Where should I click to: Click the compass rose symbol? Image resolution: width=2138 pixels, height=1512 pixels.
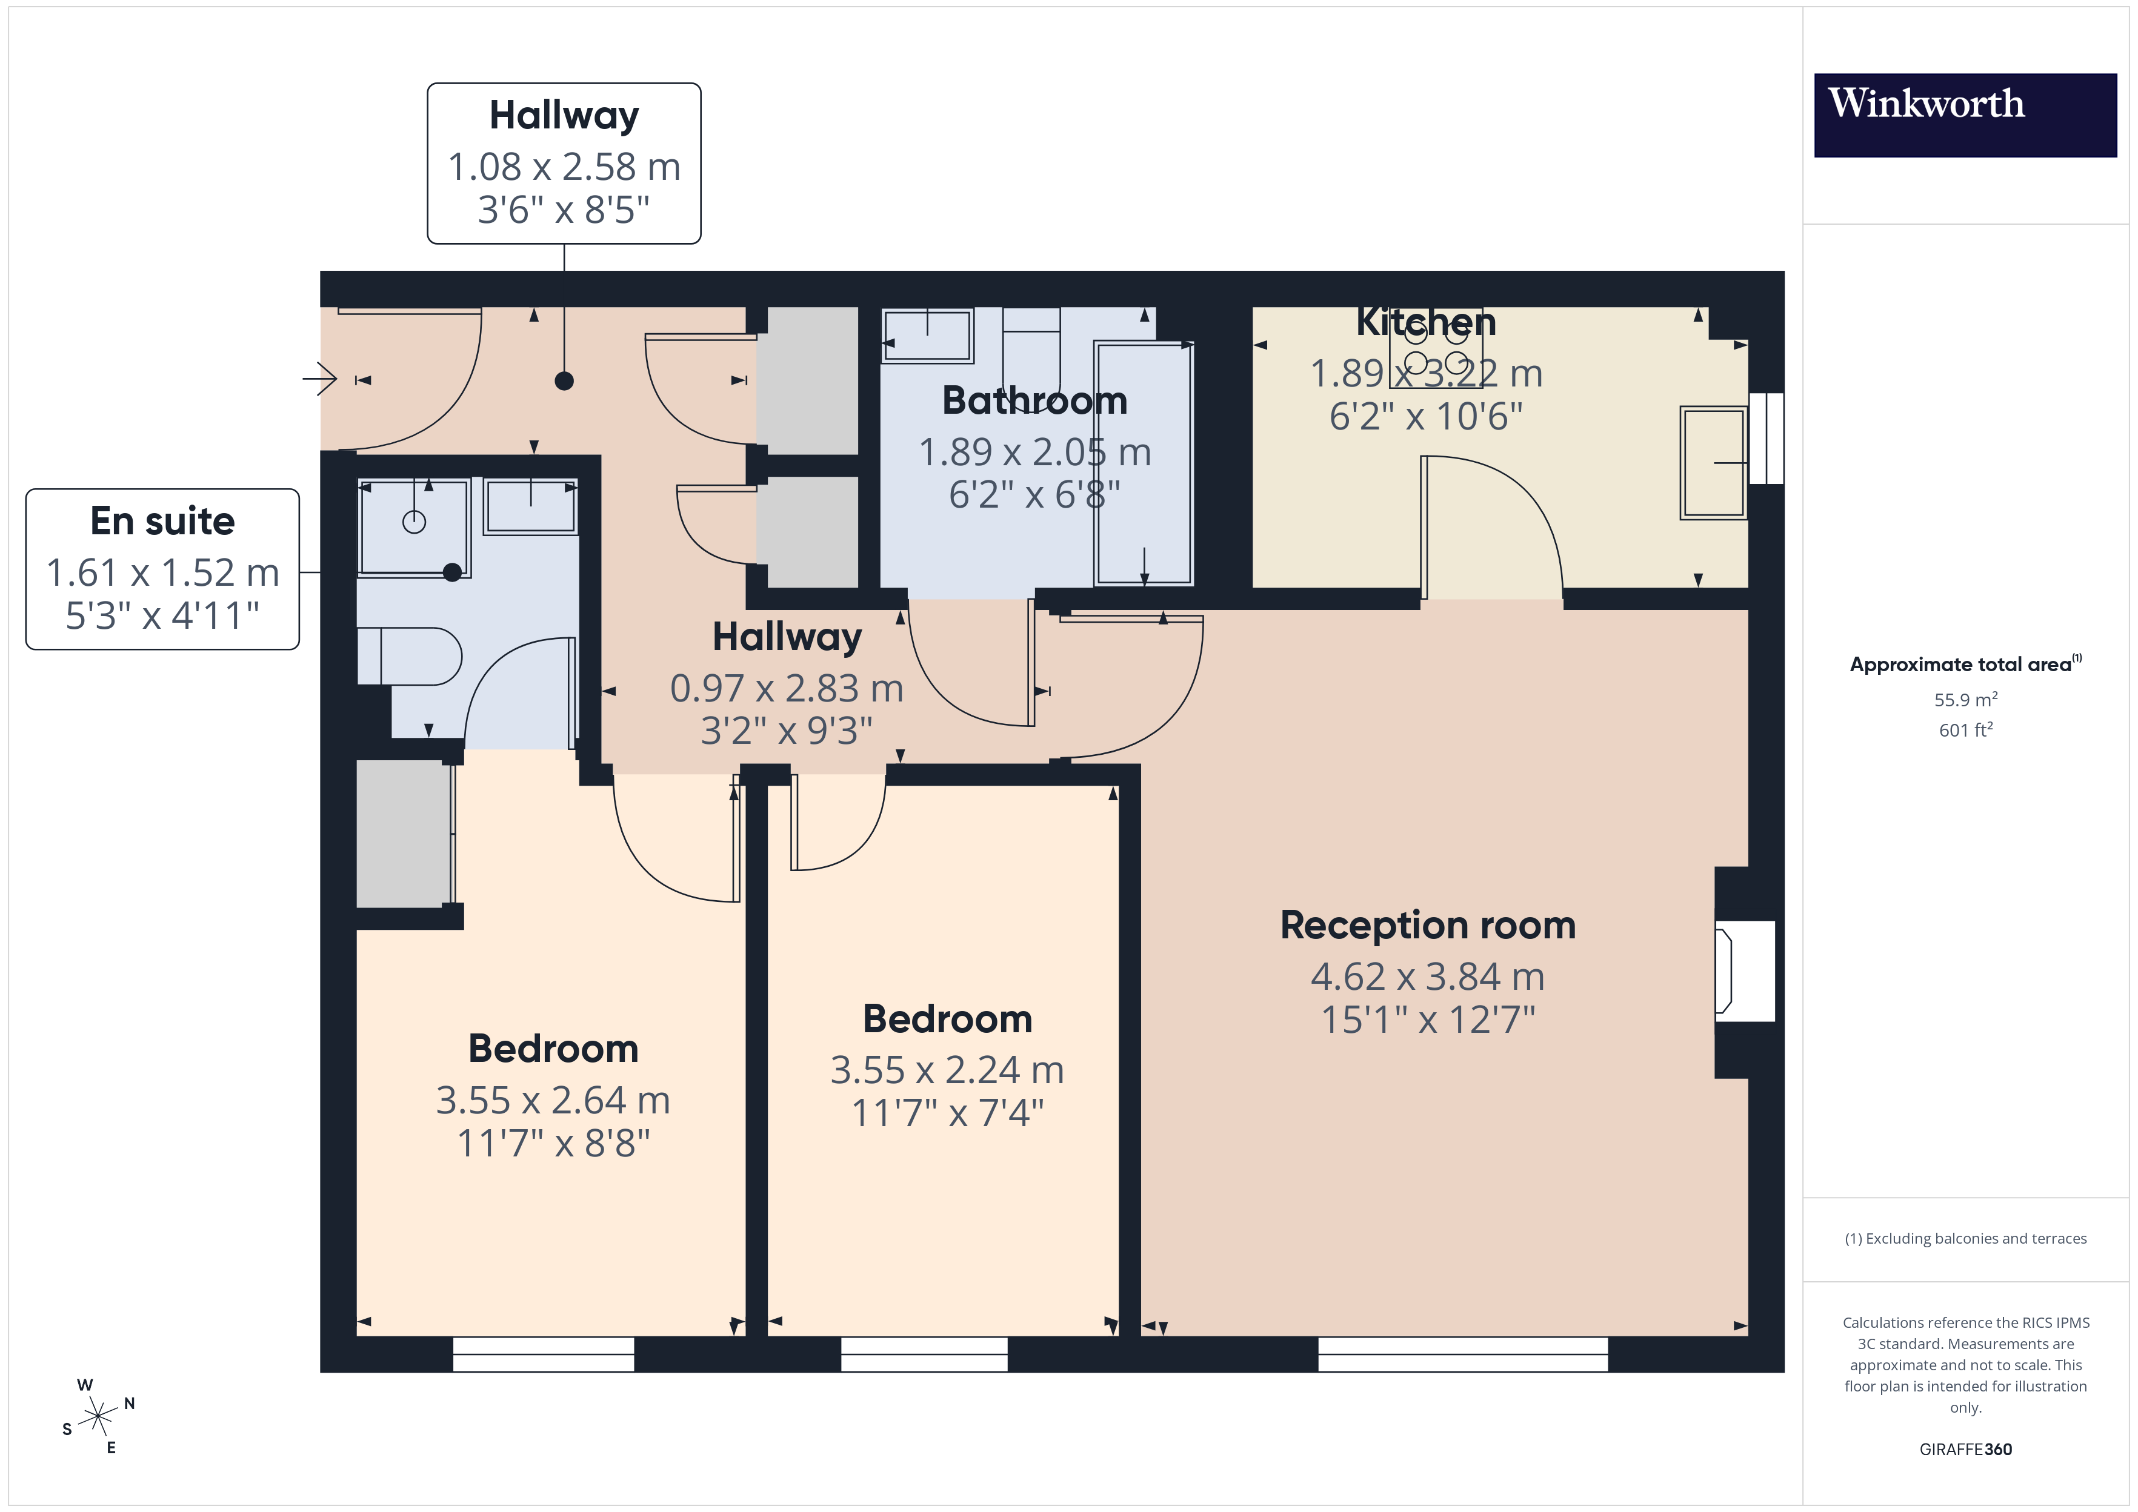[97, 1416]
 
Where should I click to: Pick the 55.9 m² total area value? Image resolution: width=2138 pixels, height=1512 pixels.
[1965, 699]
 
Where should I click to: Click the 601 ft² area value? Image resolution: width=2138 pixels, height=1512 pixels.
[1965, 730]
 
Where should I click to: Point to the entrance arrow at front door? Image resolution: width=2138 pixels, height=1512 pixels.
[321, 379]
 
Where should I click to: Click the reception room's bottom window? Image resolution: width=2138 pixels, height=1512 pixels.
[1462, 1354]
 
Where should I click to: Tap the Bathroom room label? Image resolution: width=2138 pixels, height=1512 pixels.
[1034, 400]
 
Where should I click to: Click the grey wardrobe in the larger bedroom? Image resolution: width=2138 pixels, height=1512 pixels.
[402, 834]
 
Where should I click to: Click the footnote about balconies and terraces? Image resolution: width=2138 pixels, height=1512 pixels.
[1965, 1238]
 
